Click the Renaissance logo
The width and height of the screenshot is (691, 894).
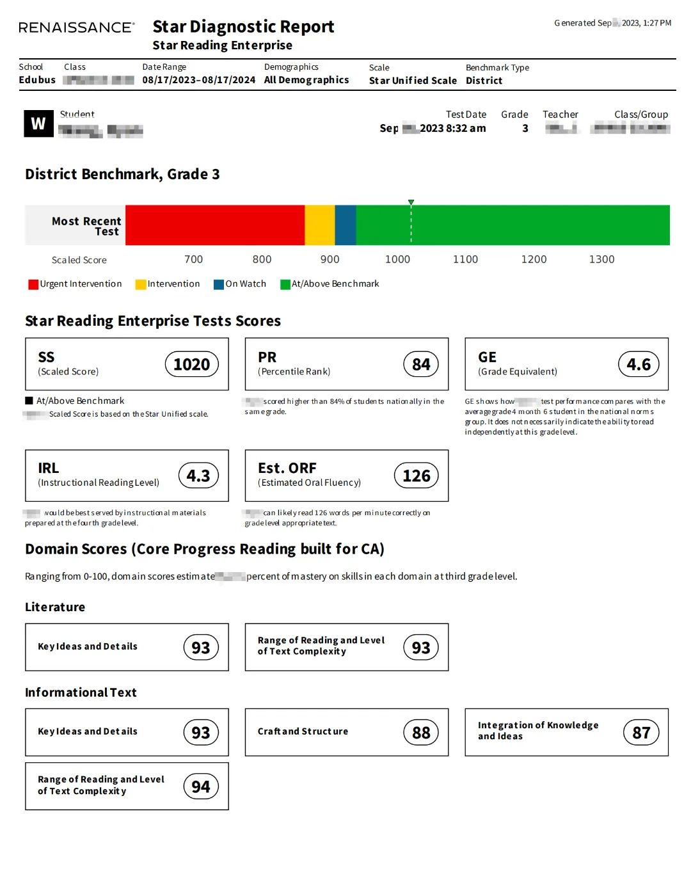[76, 28]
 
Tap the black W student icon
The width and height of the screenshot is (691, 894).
[38, 124]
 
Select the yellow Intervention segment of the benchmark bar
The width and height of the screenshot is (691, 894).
[319, 225]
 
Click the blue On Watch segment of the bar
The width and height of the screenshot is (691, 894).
[345, 225]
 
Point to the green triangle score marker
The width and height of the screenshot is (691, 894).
[411, 202]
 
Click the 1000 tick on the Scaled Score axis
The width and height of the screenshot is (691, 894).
[397, 259]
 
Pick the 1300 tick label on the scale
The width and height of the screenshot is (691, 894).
[601, 259]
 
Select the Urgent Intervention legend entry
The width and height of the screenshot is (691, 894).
[75, 284]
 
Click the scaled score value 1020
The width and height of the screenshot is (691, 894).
[192, 364]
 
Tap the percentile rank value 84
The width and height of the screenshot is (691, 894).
[421, 364]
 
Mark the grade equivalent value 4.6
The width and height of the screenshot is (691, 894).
[639, 364]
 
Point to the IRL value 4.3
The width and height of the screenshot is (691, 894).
[198, 475]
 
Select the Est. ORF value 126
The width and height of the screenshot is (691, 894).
[417, 475]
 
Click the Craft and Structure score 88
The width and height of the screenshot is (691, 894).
[421, 732]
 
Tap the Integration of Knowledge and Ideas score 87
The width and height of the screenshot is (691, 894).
[641, 732]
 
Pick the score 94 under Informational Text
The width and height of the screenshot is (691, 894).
[201, 786]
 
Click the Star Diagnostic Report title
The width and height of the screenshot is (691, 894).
[243, 27]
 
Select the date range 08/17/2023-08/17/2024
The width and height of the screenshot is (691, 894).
[198, 80]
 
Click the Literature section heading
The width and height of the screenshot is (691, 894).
[55, 607]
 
